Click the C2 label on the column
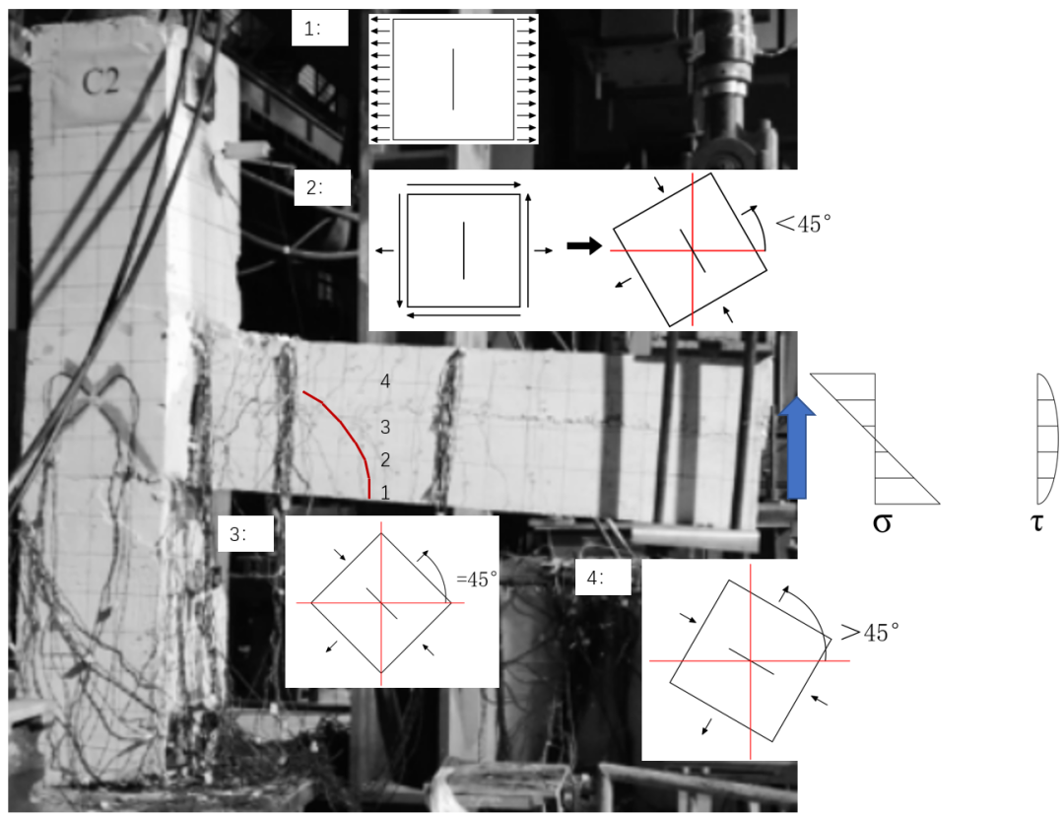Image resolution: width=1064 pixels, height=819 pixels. click(x=100, y=82)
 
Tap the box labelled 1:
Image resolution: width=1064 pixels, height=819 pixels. click(x=319, y=30)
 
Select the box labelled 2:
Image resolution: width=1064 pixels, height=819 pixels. click(x=322, y=187)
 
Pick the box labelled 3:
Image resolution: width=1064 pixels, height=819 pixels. click(x=245, y=534)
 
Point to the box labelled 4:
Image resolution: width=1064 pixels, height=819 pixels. click(x=603, y=578)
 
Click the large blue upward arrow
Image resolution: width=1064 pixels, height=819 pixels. click(x=797, y=448)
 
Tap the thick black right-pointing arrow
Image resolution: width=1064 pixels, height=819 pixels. click(x=584, y=245)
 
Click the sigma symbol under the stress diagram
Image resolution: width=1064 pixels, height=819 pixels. click(x=882, y=523)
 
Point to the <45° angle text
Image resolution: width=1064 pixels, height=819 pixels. click(x=804, y=224)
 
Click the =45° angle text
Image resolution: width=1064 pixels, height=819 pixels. click(x=477, y=580)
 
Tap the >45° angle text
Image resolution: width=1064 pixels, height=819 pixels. click(x=870, y=633)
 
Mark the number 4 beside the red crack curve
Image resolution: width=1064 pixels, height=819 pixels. click(x=385, y=381)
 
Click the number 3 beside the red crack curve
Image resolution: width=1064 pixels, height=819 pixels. click(x=385, y=427)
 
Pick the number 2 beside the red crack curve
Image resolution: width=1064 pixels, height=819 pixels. click(x=385, y=460)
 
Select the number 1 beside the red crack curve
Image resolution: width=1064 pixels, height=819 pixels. click(x=385, y=493)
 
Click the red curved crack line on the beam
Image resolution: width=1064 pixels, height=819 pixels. click(x=348, y=427)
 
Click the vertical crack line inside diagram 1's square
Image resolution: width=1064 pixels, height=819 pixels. click(x=453, y=79)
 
